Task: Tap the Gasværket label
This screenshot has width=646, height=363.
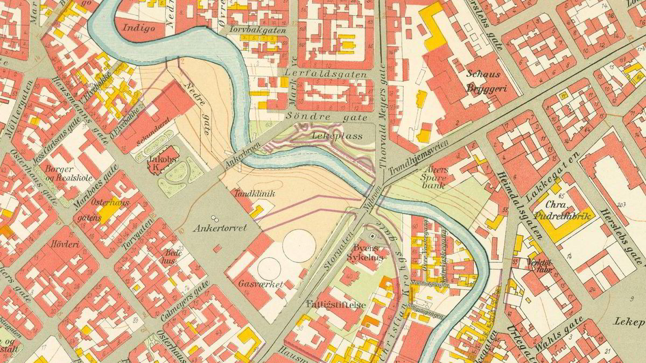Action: point(261,283)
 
